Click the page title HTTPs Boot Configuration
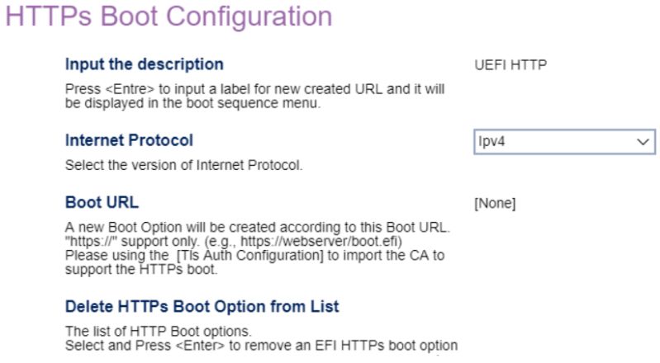(169, 16)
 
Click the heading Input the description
(144, 64)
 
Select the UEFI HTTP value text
(510, 64)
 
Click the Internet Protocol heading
(129, 140)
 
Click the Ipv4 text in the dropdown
(491, 142)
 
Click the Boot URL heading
(102, 202)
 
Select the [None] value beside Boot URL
(494, 204)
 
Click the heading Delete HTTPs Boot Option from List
(202, 307)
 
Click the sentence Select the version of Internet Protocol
(183, 165)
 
